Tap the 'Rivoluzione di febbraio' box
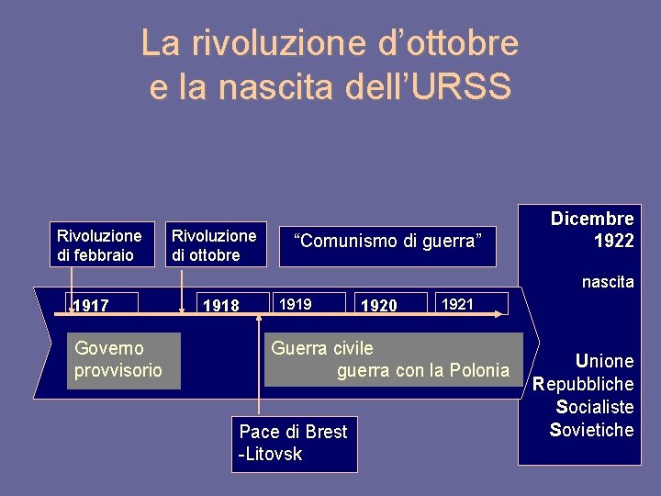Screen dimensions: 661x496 click(99, 245)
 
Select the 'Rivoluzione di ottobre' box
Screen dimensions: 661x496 click(214, 245)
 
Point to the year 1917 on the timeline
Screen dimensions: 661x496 click(91, 305)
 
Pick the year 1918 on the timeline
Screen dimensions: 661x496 click(220, 305)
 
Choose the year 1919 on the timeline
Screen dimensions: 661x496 click(295, 303)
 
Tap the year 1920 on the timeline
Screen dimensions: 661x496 click(379, 305)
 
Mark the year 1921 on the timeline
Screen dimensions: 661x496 click(458, 303)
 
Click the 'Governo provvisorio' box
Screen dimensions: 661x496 click(118, 359)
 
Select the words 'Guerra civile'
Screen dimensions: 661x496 click(322, 348)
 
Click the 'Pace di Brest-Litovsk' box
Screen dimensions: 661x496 click(293, 442)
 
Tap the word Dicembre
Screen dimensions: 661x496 click(592, 219)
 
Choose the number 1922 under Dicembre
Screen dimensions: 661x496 click(613, 241)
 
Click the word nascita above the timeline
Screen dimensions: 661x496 click(608, 282)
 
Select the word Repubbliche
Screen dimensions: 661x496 click(584, 384)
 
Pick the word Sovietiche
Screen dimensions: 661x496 click(592, 430)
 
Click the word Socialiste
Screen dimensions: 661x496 click(595, 407)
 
